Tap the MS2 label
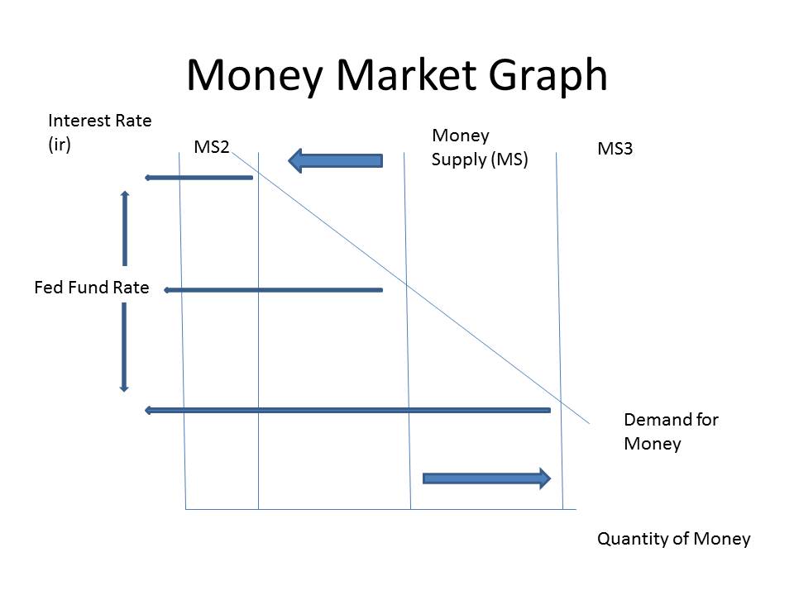tap(212, 147)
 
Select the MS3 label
tap(615, 150)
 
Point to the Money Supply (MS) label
tap(480, 147)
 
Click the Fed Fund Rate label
tap(92, 288)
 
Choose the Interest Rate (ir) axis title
tap(100, 131)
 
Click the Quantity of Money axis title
tap(673, 539)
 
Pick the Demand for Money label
tap(670, 431)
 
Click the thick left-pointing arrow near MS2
tap(335, 160)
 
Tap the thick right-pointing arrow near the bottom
tap(486, 478)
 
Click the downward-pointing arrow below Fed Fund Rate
tap(124, 347)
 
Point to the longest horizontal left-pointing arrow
tap(347, 410)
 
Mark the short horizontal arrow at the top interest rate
tap(198, 178)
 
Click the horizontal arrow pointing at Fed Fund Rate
tap(273, 290)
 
